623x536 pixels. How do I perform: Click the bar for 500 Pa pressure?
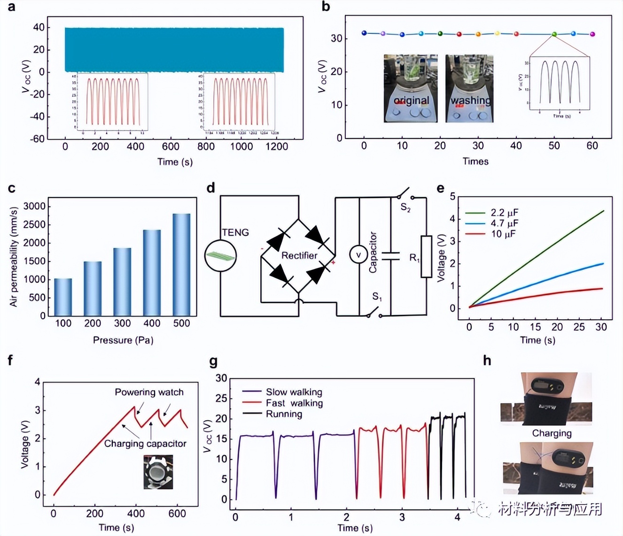click(181, 265)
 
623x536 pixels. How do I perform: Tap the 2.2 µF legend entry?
click(505, 213)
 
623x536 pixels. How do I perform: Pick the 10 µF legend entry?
click(503, 234)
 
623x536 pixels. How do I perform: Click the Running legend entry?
click(284, 414)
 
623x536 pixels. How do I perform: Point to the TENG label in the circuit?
click(235, 232)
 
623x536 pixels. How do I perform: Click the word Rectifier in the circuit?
click(299, 255)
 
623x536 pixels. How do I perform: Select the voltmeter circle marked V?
click(358, 254)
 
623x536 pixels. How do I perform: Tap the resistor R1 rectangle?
click(426, 256)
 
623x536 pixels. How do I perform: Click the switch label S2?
click(405, 207)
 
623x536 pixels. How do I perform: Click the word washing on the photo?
click(470, 100)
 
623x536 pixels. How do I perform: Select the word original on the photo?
click(411, 100)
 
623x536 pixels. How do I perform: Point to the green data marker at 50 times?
click(554, 34)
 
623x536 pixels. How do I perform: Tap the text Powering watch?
click(149, 392)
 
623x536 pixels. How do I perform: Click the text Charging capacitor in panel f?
click(145, 444)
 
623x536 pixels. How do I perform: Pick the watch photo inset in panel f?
click(158, 472)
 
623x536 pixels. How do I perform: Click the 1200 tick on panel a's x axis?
click(276, 146)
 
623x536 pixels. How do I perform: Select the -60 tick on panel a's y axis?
click(39, 138)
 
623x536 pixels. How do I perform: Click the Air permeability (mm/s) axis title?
click(13, 256)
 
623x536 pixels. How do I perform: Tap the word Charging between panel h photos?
click(552, 433)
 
